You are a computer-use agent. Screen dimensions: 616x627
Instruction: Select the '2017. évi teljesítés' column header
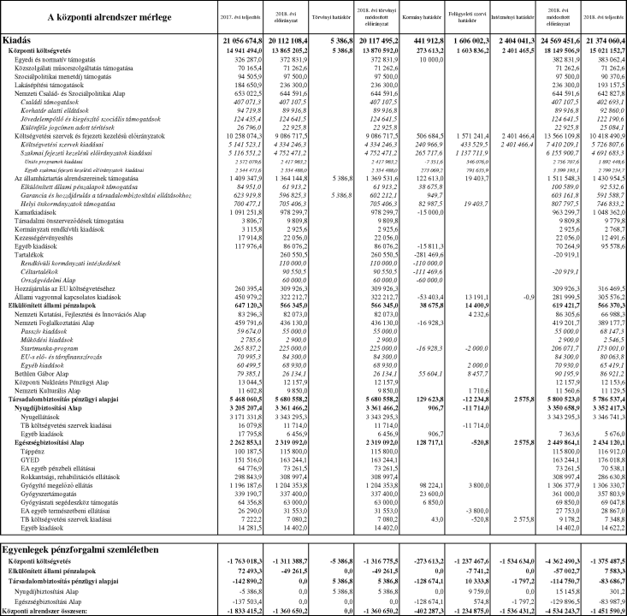243,17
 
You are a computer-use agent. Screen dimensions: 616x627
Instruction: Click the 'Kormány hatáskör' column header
426,17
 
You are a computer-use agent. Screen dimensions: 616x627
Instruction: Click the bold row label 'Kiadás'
21,40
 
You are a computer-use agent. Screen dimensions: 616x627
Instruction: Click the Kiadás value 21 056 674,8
240,40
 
